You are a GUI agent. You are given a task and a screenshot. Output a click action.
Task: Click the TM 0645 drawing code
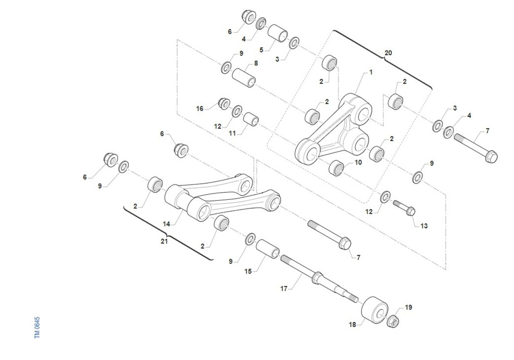click(37, 327)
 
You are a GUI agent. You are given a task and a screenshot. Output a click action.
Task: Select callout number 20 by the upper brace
click(388, 53)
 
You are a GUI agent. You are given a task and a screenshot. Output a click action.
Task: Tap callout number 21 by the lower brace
click(164, 241)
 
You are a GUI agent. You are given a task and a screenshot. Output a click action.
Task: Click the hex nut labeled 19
click(393, 321)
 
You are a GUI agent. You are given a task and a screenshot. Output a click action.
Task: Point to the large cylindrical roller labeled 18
click(374, 310)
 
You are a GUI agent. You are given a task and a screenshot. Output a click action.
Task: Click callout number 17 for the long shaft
click(284, 288)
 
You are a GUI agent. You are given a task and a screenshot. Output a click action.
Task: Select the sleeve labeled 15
click(268, 249)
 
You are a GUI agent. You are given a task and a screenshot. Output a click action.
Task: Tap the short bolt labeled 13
click(404, 208)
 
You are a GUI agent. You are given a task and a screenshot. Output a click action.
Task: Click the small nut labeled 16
click(224, 104)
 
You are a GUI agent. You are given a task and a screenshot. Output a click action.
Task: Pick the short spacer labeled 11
click(251, 119)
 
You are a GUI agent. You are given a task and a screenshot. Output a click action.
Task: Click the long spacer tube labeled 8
click(244, 78)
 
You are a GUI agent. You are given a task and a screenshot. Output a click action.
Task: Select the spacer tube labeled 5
click(278, 33)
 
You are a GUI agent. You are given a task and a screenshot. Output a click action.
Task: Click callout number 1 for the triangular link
click(371, 72)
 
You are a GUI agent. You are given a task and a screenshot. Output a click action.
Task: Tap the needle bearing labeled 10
click(336, 168)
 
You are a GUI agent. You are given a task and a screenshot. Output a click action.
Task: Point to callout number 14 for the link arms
click(166, 224)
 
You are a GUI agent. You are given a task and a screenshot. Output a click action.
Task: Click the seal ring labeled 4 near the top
click(261, 24)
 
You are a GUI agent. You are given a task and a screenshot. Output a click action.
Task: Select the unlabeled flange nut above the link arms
click(181, 150)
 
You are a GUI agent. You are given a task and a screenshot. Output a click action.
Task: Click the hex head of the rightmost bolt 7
click(491, 156)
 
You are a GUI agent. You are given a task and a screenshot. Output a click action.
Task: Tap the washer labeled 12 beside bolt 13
click(385, 197)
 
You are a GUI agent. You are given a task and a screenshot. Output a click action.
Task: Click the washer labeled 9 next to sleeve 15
click(250, 239)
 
